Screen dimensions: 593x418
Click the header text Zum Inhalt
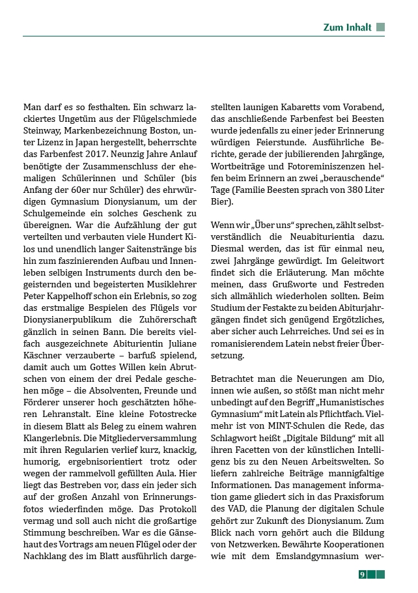[x=347, y=27]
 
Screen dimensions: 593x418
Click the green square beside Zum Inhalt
[x=381, y=27]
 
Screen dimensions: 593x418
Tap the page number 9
[x=362, y=574]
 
